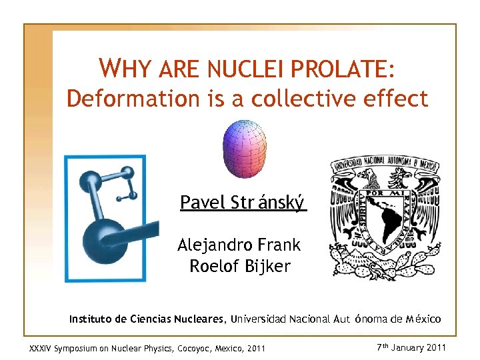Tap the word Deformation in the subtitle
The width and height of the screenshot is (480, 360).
coord(119,99)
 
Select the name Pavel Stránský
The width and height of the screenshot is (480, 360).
coord(243,202)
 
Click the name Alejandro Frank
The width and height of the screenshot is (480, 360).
coord(239,245)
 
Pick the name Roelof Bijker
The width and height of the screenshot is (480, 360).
coord(240,267)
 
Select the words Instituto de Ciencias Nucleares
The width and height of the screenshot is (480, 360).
coord(147,319)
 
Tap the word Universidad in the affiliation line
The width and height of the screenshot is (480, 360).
coord(259,319)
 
